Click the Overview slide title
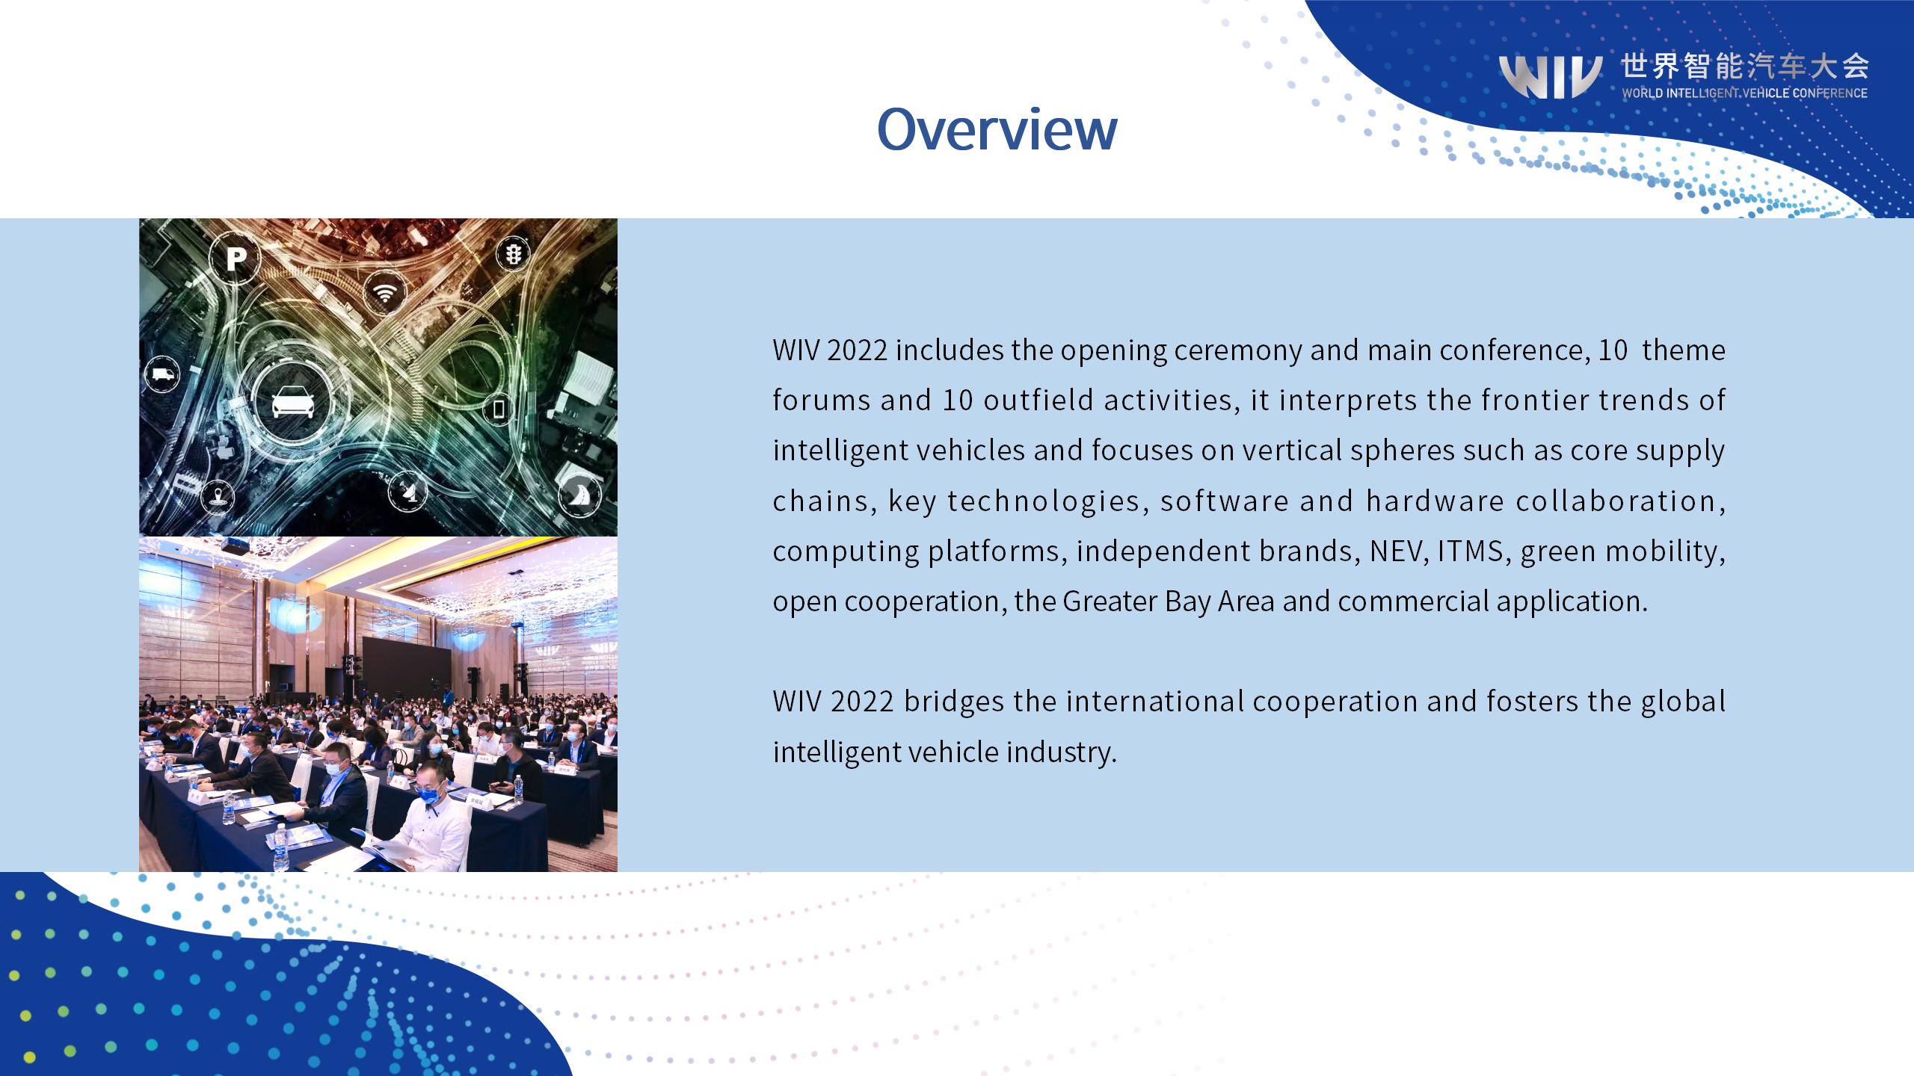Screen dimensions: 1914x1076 click(x=997, y=129)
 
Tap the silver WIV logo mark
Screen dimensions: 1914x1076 click(x=1551, y=76)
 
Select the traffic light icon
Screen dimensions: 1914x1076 click(x=514, y=255)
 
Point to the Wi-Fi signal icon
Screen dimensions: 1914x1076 click(x=385, y=293)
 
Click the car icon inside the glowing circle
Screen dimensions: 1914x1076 click(x=292, y=403)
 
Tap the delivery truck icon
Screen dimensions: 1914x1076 click(x=162, y=374)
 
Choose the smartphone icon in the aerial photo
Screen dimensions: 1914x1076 click(x=499, y=409)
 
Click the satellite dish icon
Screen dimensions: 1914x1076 click(x=408, y=491)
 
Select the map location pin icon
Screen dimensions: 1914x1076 click(x=218, y=495)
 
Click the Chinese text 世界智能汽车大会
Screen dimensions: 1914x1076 click(x=1745, y=67)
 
